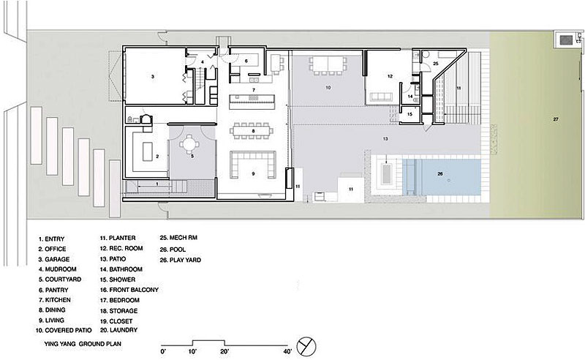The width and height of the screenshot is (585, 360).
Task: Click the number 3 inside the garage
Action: (x=153, y=77)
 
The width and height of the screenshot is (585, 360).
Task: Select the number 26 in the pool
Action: (x=440, y=173)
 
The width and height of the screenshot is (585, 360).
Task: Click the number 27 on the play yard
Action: (x=556, y=119)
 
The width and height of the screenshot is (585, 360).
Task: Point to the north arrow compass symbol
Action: (x=306, y=347)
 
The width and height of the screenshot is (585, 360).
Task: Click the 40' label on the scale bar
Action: (x=287, y=351)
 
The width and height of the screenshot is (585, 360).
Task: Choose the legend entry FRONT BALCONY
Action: (x=129, y=290)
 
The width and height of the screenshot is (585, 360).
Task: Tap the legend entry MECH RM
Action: (x=178, y=238)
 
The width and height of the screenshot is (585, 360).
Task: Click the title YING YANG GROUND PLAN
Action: (x=83, y=344)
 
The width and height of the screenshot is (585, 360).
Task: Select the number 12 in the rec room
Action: (x=390, y=76)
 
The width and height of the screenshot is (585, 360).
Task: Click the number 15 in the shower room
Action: (x=409, y=114)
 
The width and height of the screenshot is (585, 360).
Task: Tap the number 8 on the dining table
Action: (x=253, y=131)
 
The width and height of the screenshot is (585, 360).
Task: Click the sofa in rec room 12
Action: (x=381, y=97)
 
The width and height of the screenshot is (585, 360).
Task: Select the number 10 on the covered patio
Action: (x=328, y=87)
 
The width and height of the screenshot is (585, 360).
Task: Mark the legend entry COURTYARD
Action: (x=60, y=280)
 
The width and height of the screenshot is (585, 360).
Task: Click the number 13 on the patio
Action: (x=385, y=138)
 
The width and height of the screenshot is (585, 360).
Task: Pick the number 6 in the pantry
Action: (x=246, y=61)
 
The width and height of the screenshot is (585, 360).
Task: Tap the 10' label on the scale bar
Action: (x=192, y=351)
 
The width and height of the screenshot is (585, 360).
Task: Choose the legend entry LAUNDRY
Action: (x=118, y=330)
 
